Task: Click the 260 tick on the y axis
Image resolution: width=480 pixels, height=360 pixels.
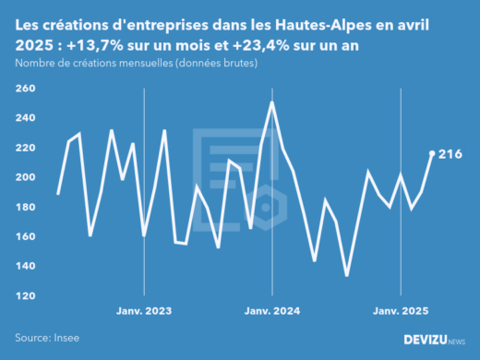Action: click(25, 89)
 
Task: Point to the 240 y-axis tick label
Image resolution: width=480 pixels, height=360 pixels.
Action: click(25, 118)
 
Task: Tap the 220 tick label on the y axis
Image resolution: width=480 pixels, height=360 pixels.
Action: click(25, 148)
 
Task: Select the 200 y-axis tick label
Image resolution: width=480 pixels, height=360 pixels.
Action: click(25, 177)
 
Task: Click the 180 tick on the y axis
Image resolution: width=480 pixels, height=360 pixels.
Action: click(25, 207)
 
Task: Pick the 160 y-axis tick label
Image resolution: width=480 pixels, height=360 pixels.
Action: click(25, 236)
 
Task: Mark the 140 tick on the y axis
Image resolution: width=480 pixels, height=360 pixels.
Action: click(25, 266)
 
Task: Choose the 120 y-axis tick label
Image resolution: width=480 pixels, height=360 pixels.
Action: click(25, 295)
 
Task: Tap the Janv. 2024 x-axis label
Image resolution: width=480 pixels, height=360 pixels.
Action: click(272, 310)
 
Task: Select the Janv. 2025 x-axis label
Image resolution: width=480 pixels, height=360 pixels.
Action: click(400, 310)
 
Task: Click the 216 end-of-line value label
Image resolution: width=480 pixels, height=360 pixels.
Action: click(450, 153)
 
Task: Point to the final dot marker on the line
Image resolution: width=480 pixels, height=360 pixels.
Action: click(432, 153)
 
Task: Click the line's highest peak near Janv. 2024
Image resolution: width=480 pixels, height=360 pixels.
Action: click(272, 102)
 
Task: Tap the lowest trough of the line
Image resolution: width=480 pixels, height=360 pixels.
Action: click(347, 275)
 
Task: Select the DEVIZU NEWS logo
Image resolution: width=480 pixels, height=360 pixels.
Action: click(435, 340)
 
